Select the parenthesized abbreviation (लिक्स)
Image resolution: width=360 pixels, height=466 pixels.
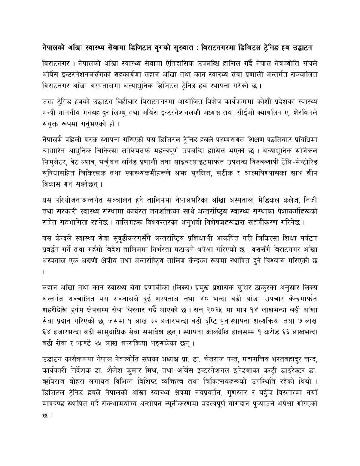coord(162,287)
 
